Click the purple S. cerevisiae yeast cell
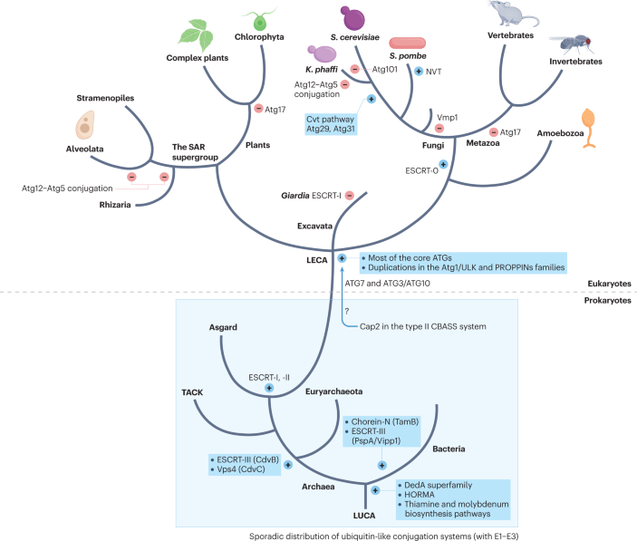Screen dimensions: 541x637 353,18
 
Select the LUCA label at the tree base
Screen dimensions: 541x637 363,514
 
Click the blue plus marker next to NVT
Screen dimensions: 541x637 419,71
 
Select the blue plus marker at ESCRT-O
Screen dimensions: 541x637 443,164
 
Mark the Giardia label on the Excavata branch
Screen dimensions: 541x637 294,193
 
